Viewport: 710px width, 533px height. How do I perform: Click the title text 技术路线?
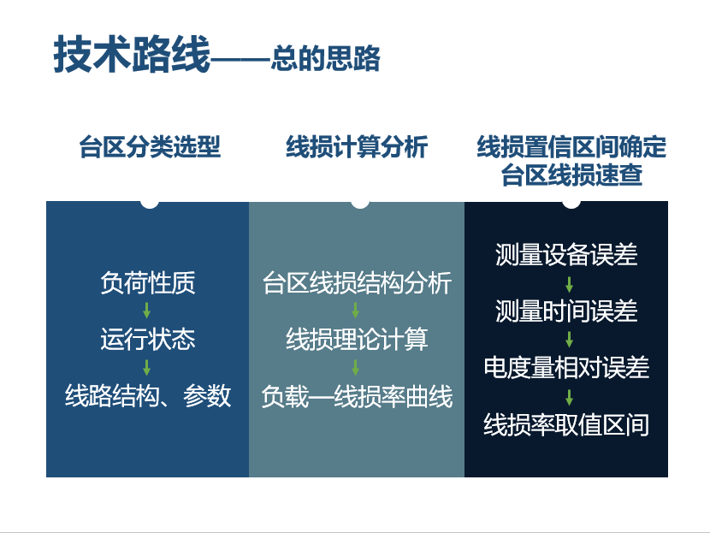click(132, 55)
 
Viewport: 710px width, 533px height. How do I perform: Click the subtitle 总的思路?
click(326, 58)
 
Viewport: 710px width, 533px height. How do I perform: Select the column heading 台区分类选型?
click(150, 146)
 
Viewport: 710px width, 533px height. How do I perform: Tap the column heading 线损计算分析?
click(357, 146)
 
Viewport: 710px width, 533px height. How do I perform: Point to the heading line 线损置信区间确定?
click(571, 146)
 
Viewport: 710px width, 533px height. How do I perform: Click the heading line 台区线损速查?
click(571, 175)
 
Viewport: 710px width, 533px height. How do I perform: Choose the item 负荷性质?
click(148, 282)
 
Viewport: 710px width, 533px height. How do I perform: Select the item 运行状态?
click(148, 339)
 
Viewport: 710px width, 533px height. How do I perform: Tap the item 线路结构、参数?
click(148, 396)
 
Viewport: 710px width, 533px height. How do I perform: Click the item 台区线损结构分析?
click(357, 282)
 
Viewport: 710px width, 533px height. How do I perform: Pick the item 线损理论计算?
click(357, 339)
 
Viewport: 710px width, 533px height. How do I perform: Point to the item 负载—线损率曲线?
click(357, 397)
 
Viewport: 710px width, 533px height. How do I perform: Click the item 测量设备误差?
click(566, 254)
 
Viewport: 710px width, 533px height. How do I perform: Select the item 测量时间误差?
click(566, 311)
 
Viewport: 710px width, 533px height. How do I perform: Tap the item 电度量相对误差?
click(566, 367)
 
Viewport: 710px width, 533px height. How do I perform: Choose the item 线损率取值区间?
click(566, 424)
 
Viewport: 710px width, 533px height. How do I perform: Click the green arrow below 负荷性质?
click(147, 311)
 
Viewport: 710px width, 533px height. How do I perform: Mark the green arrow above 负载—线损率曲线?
click(356, 367)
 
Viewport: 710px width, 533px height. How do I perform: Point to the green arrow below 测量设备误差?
click(569, 284)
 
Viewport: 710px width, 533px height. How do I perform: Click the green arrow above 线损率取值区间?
click(569, 397)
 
